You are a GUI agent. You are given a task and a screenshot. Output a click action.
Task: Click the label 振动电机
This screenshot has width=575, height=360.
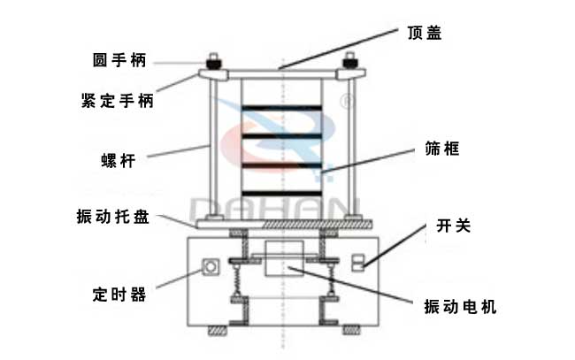click(x=460, y=307)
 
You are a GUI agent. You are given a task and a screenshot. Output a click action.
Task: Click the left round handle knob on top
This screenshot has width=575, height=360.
click(x=214, y=65)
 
